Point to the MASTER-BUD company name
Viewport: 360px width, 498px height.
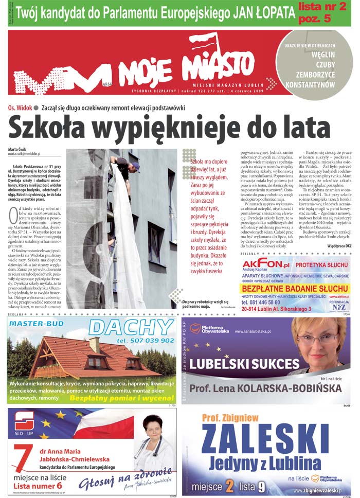pos(37,324)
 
